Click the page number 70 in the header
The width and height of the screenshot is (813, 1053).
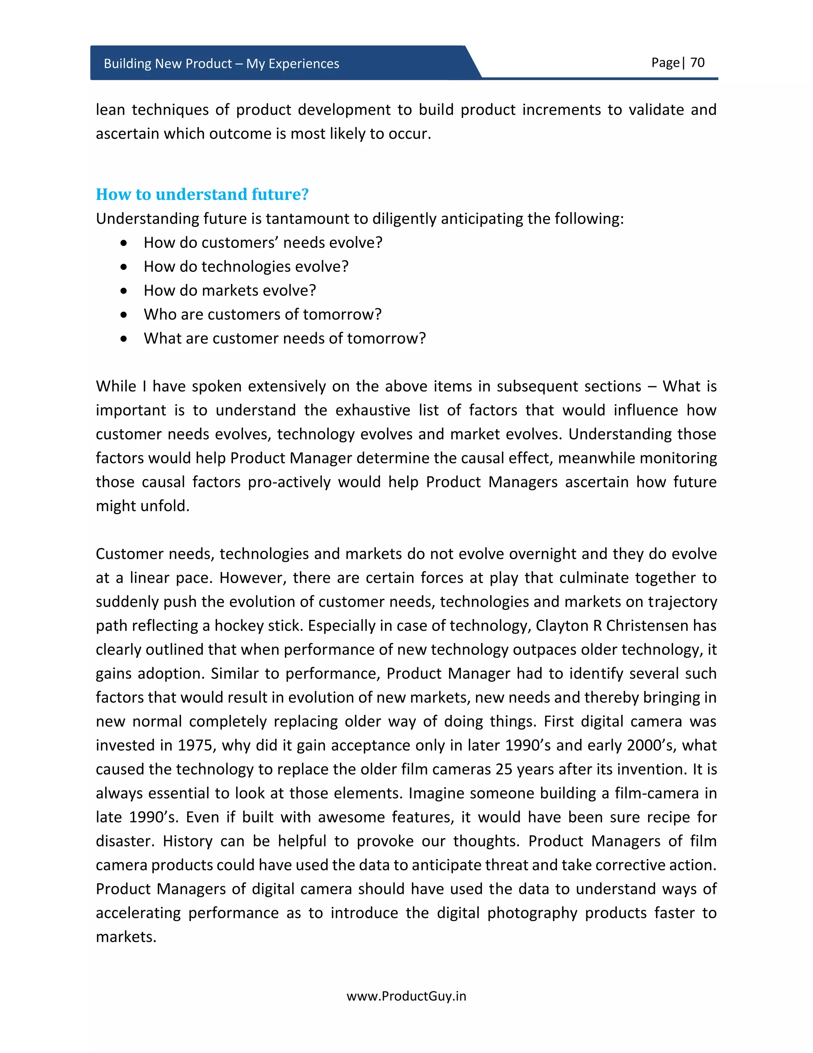click(697, 63)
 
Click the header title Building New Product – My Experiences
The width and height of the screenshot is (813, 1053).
click(221, 64)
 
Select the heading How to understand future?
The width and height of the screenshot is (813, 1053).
click(202, 194)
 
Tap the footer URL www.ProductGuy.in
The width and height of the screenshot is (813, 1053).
click(406, 996)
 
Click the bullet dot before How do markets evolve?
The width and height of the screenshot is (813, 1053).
click(124, 291)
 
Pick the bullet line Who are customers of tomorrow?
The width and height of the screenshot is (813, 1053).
click(262, 314)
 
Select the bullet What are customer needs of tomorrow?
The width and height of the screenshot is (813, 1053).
click(284, 339)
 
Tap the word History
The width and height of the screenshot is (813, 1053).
click(187, 841)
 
